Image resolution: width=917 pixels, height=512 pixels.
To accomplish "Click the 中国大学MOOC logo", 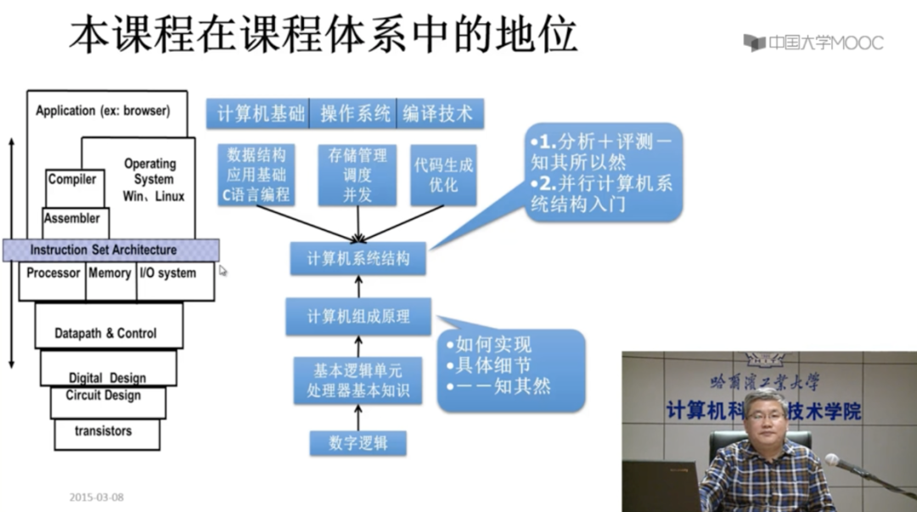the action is [x=813, y=42].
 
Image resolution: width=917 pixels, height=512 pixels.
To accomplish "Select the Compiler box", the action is [x=72, y=180].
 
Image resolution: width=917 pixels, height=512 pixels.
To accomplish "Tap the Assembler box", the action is [x=72, y=219].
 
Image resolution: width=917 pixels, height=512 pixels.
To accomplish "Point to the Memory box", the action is [x=110, y=274].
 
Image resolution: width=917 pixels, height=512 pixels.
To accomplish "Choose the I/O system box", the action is [x=167, y=274].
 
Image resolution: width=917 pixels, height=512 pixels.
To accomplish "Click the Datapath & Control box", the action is [x=106, y=334].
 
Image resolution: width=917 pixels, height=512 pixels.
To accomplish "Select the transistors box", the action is [x=104, y=431].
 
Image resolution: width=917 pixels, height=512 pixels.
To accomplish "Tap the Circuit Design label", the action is [x=104, y=396].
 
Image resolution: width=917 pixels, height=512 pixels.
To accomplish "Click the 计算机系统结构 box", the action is [x=357, y=257].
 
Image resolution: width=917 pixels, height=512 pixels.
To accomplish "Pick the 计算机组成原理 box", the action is [x=357, y=316].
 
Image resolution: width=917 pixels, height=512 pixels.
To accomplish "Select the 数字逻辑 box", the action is [x=357, y=443].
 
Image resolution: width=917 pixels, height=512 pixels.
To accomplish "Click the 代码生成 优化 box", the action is [x=442, y=175].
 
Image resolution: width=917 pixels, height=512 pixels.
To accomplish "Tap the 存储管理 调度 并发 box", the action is [x=357, y=175].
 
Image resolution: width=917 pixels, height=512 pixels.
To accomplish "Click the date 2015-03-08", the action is [x=96, y=498].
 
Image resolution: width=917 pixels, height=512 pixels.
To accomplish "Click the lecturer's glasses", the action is [x=765, y=419].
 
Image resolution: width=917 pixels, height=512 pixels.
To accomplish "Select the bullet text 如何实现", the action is [x=493, y=345].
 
